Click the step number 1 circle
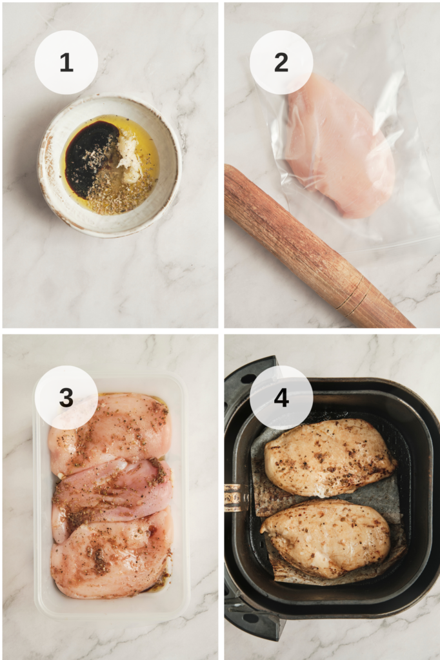click(x=66, y=63)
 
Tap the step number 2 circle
click(x=281, y=63)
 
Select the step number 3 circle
click(x=66, y=397)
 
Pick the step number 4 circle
click(x=281, y=397)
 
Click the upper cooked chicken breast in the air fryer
click(x=329, y=457)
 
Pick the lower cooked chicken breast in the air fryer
click(x=326, y=539)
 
